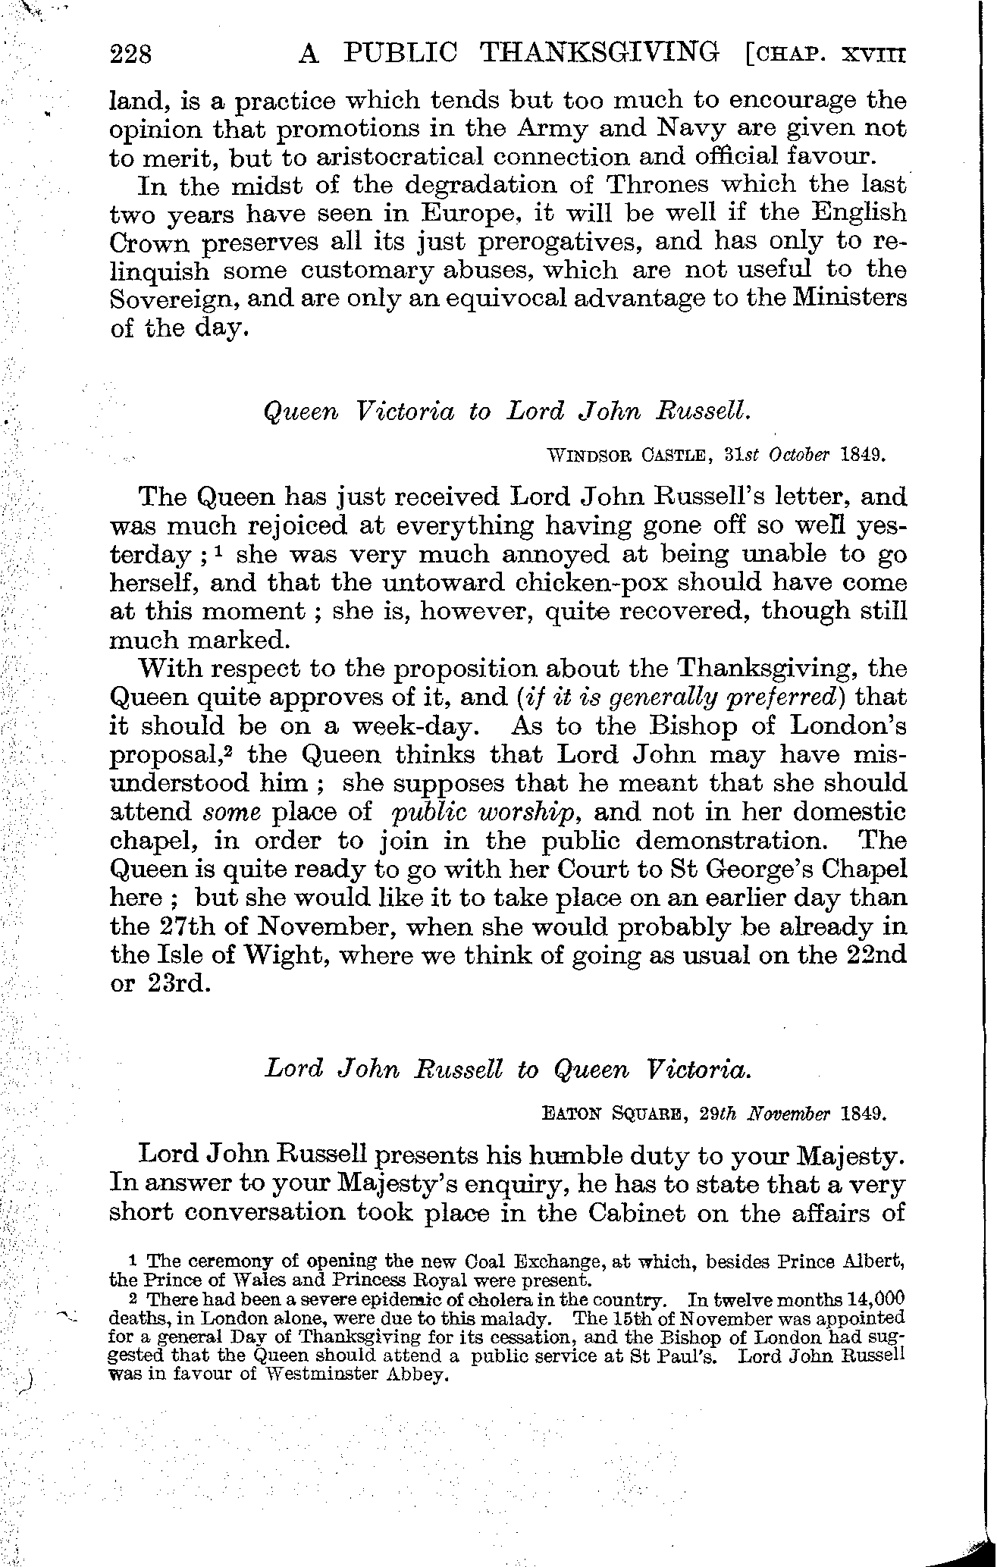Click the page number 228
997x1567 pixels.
(x=132, y=55)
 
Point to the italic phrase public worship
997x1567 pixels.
(x=486, y=812)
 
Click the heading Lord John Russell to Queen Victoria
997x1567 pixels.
(x=507, y=1069)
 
